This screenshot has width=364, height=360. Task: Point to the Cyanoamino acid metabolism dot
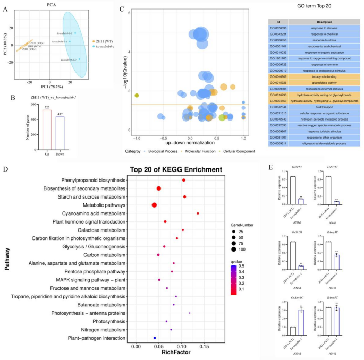(x=198, y=213)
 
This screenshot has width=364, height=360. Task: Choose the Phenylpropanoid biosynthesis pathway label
(x=94, y=180)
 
